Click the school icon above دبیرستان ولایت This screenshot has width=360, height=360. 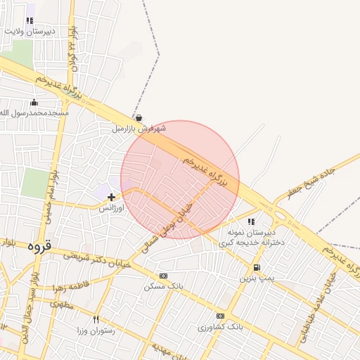(29, 21)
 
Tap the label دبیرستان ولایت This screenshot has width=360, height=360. (29, 32)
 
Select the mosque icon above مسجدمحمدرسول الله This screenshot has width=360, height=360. (34, 103)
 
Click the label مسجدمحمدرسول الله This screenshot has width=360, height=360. (34, 113)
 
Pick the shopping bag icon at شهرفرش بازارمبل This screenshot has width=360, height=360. (139, 118)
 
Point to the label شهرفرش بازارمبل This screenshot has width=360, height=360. (139, 129)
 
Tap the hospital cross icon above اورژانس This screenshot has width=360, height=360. (111, 198)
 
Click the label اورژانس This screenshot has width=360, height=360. (111, 209)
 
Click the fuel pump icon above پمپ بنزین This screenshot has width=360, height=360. (256, 267)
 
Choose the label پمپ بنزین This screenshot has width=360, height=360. (255, 278)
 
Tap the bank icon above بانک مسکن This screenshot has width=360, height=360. (164, 276)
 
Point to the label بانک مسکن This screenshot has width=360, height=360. (164, 287)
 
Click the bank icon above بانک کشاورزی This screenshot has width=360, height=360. (220, 316)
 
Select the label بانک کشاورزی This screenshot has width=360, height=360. (220, 328)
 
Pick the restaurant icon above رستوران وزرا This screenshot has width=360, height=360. (96, 319)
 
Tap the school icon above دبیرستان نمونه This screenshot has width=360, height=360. (251, 221)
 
